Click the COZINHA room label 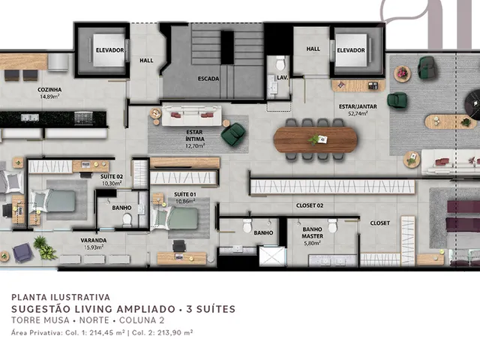click(49, 90)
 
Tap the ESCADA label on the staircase click(208, 79)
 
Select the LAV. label click(282, 78)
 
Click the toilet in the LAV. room click(280, 63)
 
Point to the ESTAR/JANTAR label click(358, 106)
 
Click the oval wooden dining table click(315, 139)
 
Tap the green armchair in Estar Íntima click(233, 134)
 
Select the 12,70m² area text click(195, 145)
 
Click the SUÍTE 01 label click(185, 194)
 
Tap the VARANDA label click(94, 240)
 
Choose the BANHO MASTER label click(312, 232)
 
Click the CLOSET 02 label click(310, 205)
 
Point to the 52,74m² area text click(358, 113)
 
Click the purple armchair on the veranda click(22, 253)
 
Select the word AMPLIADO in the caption click(145, 309)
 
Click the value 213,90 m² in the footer click(175, 332)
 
